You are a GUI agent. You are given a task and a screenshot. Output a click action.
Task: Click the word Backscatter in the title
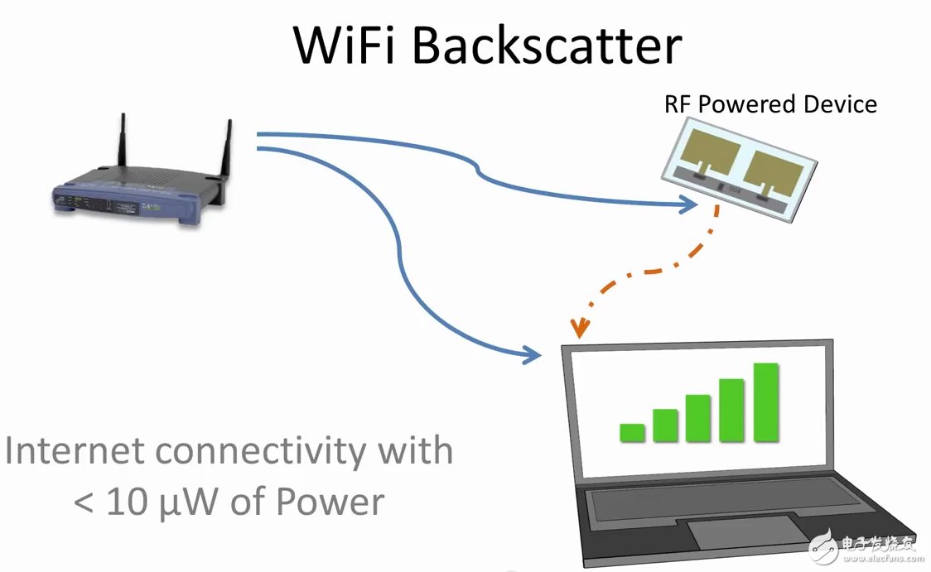[547, 46]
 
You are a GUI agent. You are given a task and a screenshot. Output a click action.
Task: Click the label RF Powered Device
[769, 104]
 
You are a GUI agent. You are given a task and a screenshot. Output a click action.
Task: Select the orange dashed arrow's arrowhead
[579, 329]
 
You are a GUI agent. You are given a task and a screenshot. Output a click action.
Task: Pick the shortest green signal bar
[632, 432]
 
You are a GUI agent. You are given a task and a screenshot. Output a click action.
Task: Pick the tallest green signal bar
[765, 401]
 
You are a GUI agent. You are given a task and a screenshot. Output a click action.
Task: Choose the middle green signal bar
[698, 418]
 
